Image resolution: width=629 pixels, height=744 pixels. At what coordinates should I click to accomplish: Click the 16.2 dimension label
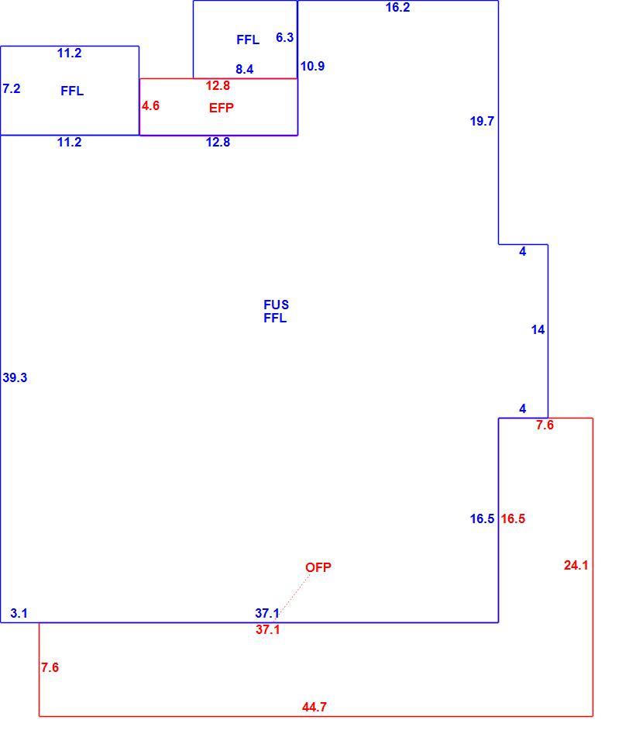[x=397, y=7]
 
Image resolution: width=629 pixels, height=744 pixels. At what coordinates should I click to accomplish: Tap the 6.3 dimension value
[x=284, y=37]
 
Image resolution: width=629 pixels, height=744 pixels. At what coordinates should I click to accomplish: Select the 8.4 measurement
[x=245, y=69]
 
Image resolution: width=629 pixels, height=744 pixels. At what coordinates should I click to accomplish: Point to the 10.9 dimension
[x=313, y=67]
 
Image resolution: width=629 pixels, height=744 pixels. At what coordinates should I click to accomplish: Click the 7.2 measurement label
[x=12, y=88]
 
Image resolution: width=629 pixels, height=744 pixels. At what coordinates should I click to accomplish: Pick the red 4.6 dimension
[x=150, y=106]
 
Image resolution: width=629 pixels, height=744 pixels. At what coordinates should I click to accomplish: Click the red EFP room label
[x=221, y=108]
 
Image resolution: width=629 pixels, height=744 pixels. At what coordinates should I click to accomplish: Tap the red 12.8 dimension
[x=218, y=85]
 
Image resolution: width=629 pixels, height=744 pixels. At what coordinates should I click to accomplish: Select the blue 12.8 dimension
[x=218, y=142]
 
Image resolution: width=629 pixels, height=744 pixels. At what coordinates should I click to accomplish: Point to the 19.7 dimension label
[x=482, y=121]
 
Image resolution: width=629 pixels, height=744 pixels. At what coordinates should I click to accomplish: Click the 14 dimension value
[x=538, y=330]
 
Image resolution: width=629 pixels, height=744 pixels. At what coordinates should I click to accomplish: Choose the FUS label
[x=276, y=305]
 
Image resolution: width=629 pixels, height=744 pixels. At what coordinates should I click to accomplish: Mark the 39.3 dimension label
[x=15, y=377]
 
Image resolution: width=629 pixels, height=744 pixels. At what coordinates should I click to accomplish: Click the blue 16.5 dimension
[x=482, y=518]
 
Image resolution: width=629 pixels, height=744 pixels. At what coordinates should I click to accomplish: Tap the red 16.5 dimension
[x=513, y=518]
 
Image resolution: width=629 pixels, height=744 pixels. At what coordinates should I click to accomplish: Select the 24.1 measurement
[x=576, y=565]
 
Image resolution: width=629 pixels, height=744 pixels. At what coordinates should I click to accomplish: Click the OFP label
[x=318, y=567]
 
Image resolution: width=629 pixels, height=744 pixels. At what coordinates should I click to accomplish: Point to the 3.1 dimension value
[x=19, y=614]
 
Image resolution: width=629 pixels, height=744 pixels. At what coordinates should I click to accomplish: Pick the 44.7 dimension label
[x=314, y=707]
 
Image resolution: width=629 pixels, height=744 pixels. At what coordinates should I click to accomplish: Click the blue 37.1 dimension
[x=267, y=614]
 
